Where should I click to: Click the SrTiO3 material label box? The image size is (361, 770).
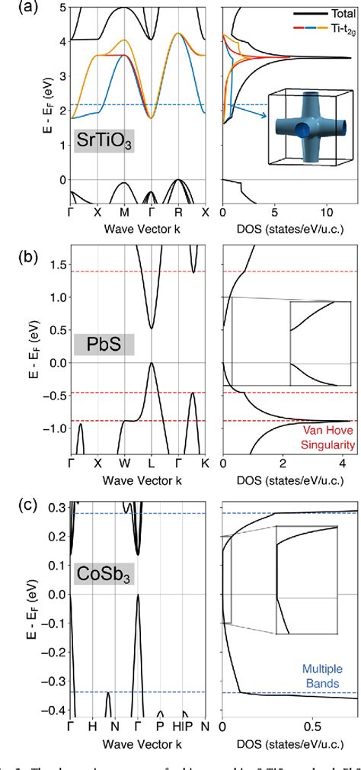pyautogui.click(x=104, y=142)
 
